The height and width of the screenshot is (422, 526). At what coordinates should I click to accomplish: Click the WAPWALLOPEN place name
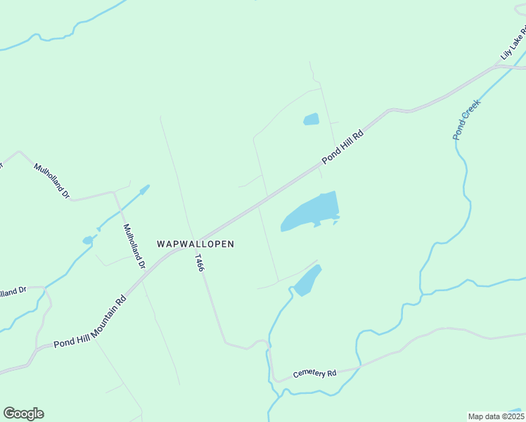195,243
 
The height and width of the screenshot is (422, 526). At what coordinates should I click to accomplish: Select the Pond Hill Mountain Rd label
89,322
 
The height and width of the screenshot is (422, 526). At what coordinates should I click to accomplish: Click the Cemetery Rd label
315,373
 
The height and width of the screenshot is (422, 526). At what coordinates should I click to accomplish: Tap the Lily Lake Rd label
513,44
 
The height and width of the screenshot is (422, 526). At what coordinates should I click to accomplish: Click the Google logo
23,414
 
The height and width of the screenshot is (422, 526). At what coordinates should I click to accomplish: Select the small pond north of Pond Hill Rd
311,120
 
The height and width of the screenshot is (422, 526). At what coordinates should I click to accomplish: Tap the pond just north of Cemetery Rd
307,281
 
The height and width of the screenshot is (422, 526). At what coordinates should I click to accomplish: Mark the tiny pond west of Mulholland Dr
88,241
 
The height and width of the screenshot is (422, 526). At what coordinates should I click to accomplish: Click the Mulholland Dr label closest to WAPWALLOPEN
134,246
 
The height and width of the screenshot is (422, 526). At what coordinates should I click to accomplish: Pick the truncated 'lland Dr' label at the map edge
13,290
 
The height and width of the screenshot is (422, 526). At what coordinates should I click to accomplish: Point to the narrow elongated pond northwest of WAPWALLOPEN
143,190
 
